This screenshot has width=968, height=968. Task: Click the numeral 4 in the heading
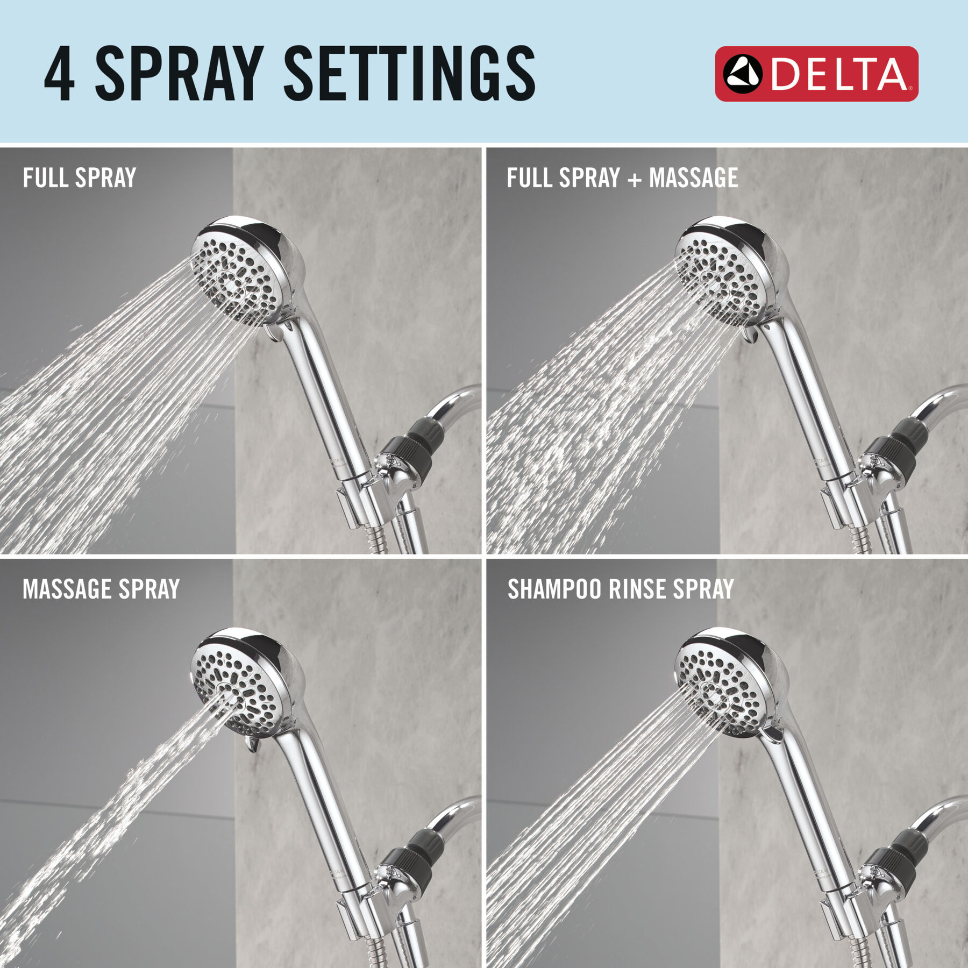pos(59,74)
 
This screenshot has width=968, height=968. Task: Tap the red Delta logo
pos(816,74)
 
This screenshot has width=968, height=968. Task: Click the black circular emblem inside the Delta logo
pos(742,74)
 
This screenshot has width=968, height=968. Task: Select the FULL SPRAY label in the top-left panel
pos(79,178)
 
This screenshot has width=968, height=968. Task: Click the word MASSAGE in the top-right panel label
pos(693,178)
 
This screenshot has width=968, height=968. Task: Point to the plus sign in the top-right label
pos(635,180)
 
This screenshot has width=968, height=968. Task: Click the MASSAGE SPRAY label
pos(101,589)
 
